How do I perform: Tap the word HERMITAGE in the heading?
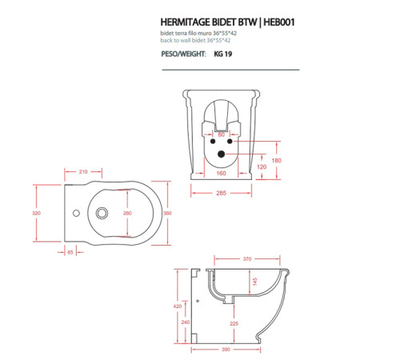pyautogui.click(x=186, y=22)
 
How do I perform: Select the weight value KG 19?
pyautogui.click(x=223, y=54)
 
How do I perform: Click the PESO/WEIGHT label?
pyautogui.click(x=182, y=54)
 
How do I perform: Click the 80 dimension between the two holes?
pyautogui.click(x=222, y=134)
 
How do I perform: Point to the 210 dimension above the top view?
pyautogui.click(x=82, y=172)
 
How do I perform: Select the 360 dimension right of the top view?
pyautogui.click(x=167, y=214)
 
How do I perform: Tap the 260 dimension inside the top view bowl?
pyautogui.click(x=127, y=214)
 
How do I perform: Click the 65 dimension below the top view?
pyautogui.click(x=70, y=252)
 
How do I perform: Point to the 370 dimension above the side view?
pyautogui.click(x=247, y=259)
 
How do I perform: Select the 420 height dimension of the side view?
pyautogui.click(x=178, y=305)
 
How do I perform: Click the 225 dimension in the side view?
pyautogui.click(x=234, y=323)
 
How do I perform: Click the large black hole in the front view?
pyautogui.click(x=222, y=154)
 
